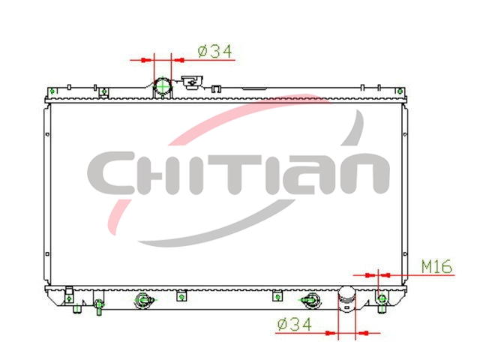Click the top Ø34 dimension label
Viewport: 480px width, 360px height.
215,52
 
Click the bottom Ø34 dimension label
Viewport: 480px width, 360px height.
294,325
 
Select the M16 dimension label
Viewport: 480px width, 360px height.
436,267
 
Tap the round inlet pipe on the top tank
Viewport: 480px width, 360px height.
163,87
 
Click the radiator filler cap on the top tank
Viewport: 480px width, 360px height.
192,82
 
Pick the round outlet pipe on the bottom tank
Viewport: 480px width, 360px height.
346,299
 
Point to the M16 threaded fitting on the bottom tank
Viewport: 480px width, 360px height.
382,299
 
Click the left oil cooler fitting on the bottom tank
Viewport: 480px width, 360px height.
143,300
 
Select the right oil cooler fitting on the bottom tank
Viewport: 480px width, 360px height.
310,300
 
